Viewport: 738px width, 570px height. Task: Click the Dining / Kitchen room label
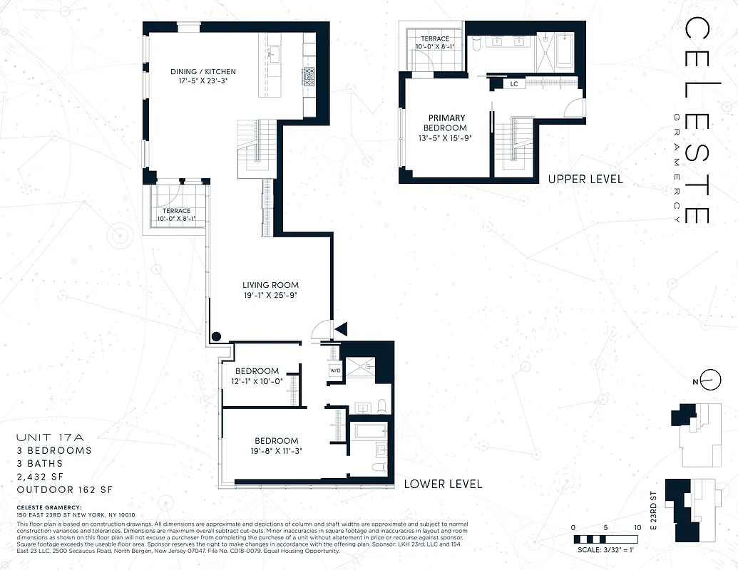tap(203, 72)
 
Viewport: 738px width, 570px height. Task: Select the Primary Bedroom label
tap(446, 118)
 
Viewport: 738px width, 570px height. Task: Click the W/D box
tap(334, 371)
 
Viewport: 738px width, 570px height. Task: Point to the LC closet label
tap(513, 84)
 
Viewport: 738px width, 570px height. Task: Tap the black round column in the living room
tap(216, 337)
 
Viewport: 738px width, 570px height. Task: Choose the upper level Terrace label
tap(434, 38)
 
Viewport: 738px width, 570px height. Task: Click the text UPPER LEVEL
tap(585, 179)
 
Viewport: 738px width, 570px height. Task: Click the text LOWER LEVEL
tap(442, 484)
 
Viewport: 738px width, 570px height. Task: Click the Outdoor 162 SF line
tap(65, 489)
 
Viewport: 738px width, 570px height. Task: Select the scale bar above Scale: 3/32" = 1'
tap(606, 539)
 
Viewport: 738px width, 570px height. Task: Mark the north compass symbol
tap(708, 381)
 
